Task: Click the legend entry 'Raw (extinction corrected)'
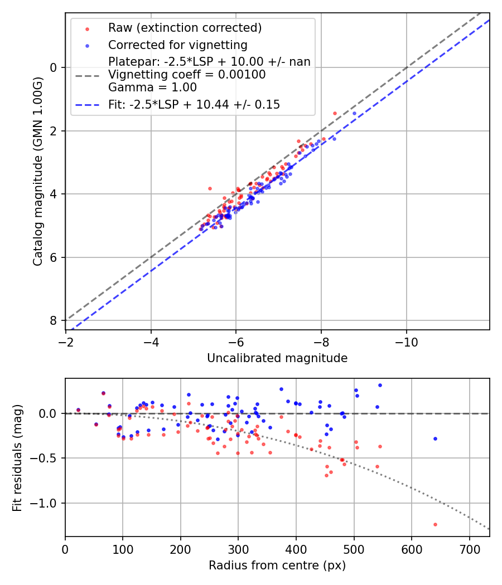point(185,28)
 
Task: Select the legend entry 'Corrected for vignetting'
point(178,45)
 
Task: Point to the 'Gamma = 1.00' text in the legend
point(152,87)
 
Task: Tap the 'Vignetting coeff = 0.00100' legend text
point(187,74)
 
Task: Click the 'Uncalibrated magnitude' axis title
point(277,358)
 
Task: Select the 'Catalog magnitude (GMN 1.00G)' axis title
point(37,171)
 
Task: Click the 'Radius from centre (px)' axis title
point(277,565)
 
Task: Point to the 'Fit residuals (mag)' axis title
point(18,458)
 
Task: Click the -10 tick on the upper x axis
point(406,342)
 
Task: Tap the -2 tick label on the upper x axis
point(66,342)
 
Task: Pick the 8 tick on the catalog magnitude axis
point(54,320)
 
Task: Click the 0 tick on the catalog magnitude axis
point(54,67)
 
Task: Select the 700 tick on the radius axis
point(469,548)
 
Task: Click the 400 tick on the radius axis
point(296,548)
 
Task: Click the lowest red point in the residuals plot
point(435,524)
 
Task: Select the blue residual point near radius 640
point(435,438)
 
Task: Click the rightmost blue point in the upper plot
point(354,113)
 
